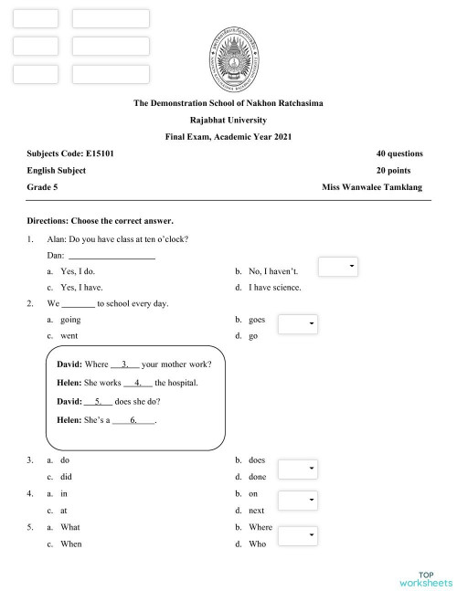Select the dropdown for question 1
(338, 266)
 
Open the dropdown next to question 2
(298, 323)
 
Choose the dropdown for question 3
(298, 469)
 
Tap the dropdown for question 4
(298, 501)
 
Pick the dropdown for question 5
(298, 534)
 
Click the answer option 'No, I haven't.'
(273, 271)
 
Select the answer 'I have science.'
(274, 287)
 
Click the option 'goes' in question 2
(257, 320)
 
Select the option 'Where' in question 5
(260, 527)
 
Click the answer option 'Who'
(257, 544)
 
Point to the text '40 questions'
(399, 153)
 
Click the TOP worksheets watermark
(425, 577)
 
